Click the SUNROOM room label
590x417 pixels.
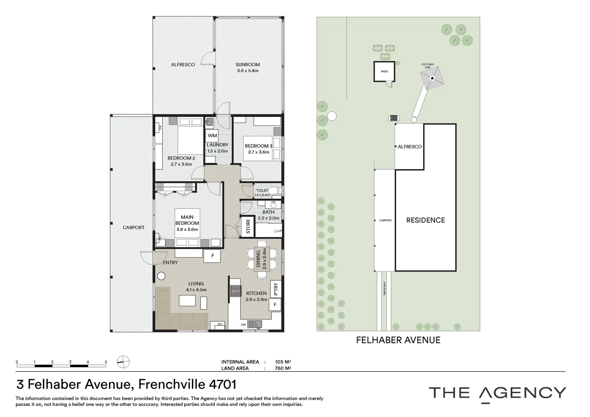pos(248,64)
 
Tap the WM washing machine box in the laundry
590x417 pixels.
pos(212,136)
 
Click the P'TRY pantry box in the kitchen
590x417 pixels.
pos(276,289)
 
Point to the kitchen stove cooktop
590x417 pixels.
pos(236,291)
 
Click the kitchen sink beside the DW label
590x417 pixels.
pos(254,324)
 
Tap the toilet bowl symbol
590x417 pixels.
pos(276,190)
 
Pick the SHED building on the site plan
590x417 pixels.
pos(384,71)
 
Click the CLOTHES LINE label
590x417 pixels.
pos(427,66)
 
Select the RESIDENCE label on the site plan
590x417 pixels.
pos(426,220)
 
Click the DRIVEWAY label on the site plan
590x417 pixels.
pos(385,288)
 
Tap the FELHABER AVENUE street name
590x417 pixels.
pos(398,340)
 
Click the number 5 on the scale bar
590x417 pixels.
pos(106,362)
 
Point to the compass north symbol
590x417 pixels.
pos(123,362)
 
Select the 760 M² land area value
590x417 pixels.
pos(283,368)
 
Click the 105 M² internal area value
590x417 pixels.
pos(283,362)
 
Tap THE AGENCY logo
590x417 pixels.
pos(497,393)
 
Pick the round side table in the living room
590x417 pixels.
pos(161,276)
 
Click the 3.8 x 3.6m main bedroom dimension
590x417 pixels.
pos(187,229)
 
